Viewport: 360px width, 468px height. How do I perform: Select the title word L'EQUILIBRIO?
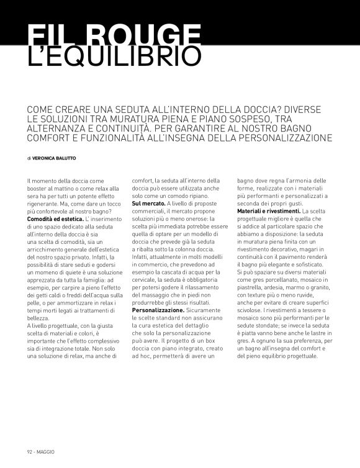click(115, 56)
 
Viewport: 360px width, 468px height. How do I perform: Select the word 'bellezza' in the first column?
click(39, 317)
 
